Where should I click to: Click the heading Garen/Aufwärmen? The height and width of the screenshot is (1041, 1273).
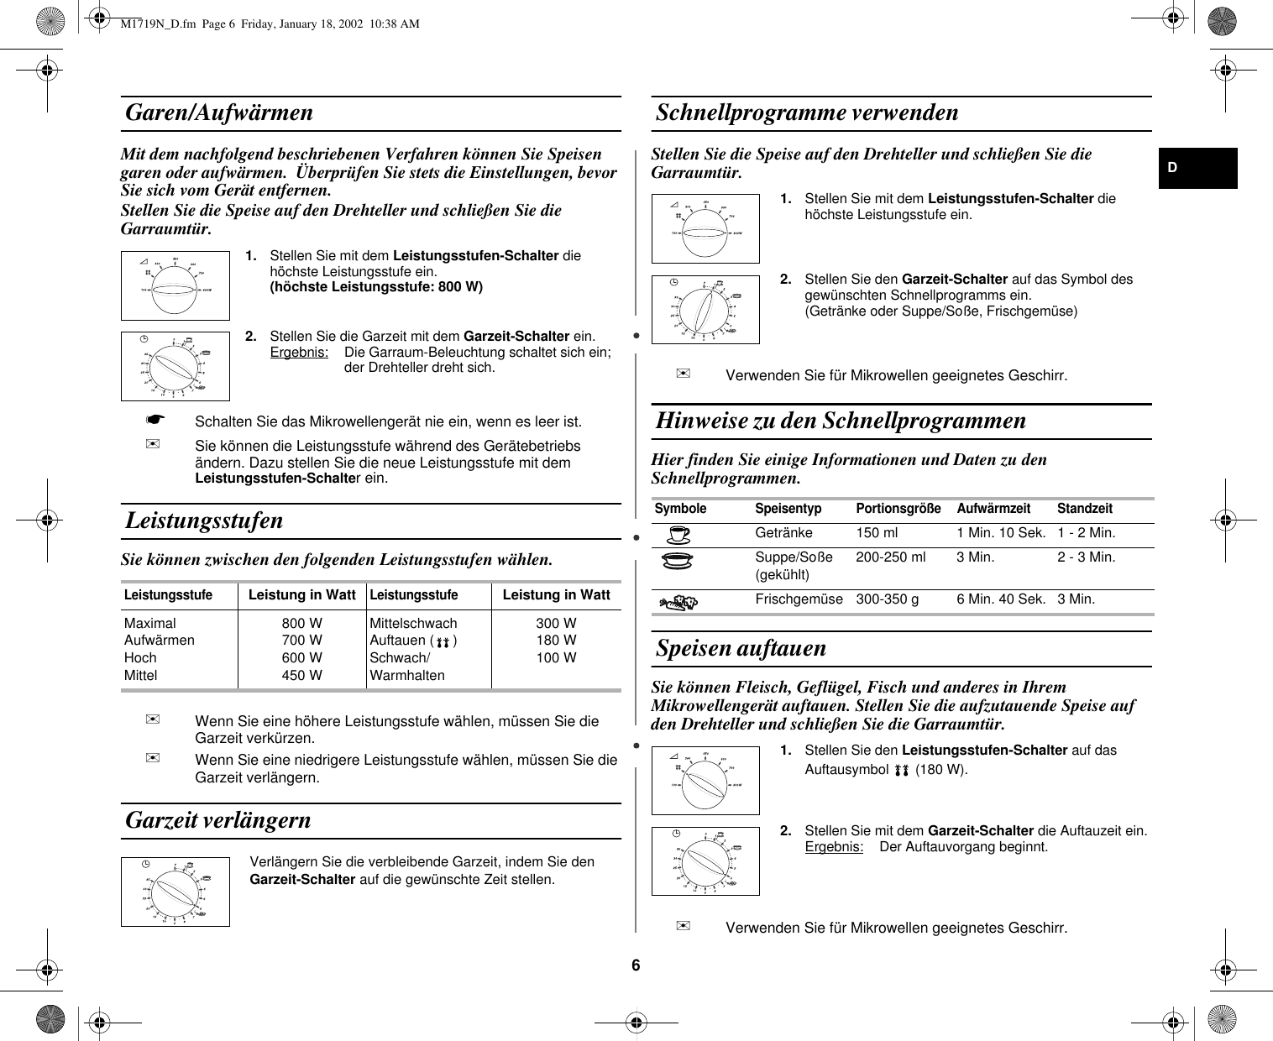pos(219,112)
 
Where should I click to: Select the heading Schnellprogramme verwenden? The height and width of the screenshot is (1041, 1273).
pos(807,112)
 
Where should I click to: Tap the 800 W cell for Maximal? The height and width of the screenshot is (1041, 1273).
pos(301,623)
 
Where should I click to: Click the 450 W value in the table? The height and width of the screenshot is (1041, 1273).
pos(301,675)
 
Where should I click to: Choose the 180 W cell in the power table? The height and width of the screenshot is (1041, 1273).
pos(556,640)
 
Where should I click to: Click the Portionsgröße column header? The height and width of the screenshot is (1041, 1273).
pos(898,509)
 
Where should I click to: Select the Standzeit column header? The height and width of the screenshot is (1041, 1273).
pos(1084,509)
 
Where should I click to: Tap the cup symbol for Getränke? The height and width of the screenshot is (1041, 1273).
pos(678,534)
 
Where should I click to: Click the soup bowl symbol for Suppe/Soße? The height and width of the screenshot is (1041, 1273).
pos(678,561)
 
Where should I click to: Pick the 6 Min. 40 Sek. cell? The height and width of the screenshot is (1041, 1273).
pos(1001,599)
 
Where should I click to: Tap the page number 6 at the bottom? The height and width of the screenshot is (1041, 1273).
pos(636,965)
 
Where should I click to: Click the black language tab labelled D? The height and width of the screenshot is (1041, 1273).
pos(1197,168)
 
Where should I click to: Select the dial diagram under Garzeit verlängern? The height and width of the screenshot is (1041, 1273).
pos(175,892)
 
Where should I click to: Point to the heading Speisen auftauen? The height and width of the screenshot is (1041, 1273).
pos(741,648)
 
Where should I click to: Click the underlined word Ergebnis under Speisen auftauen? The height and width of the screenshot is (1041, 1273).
pos(833,847)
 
